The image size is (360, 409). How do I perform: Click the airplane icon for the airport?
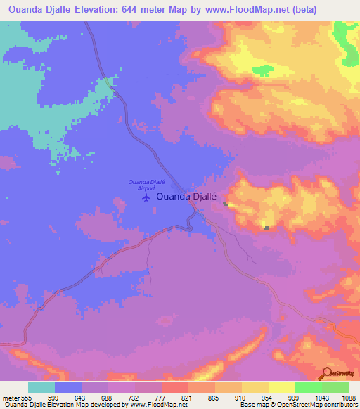[146, 197]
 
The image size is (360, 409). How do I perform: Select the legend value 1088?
[348, 397]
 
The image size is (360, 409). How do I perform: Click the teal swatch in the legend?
[41, 387]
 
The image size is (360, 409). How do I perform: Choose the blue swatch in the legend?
[68, 387]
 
